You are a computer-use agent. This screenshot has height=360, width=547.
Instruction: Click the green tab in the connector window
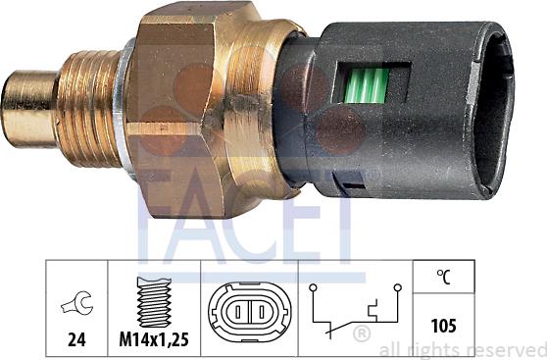(x=366, y=85)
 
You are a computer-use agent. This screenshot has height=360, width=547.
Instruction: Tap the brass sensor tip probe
(x=29, y=109)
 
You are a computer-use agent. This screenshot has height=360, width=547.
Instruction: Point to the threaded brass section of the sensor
(x=88, y=108)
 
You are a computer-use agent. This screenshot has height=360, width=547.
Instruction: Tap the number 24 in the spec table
(x=76, y=339)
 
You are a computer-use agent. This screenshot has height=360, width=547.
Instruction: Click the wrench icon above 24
(x=77, y=303)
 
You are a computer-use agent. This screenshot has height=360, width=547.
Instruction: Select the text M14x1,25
(x=154, y=339)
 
